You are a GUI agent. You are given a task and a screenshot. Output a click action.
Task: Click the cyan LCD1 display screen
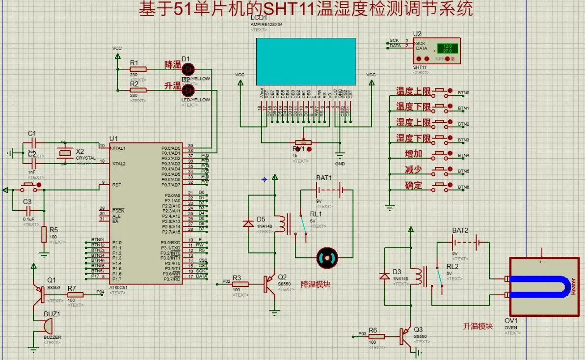point(306,61)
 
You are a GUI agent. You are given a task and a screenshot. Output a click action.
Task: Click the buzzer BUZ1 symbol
point(45,326)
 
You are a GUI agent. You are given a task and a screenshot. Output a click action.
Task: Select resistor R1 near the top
point(134,69)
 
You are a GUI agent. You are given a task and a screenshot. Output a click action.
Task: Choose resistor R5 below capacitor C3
point(44,235)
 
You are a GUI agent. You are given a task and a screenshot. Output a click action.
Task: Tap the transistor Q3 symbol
point(406,336)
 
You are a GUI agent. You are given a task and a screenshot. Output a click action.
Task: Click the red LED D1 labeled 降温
point(188,69)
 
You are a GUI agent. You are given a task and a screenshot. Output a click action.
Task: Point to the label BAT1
point(324,177)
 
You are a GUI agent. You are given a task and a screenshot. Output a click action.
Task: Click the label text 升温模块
point(478,326)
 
